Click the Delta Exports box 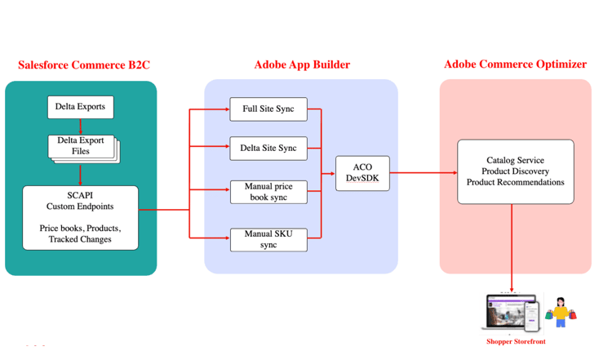pos(80,107)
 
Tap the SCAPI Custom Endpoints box pos(80,217)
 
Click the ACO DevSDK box pos(362,172)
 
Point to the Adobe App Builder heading pos(301,65)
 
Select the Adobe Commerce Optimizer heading pos(515,64)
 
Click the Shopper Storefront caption pos(515,341)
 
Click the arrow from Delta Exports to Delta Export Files pos(80,126)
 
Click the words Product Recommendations pos(515,183)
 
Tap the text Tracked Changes pos(80,239)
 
